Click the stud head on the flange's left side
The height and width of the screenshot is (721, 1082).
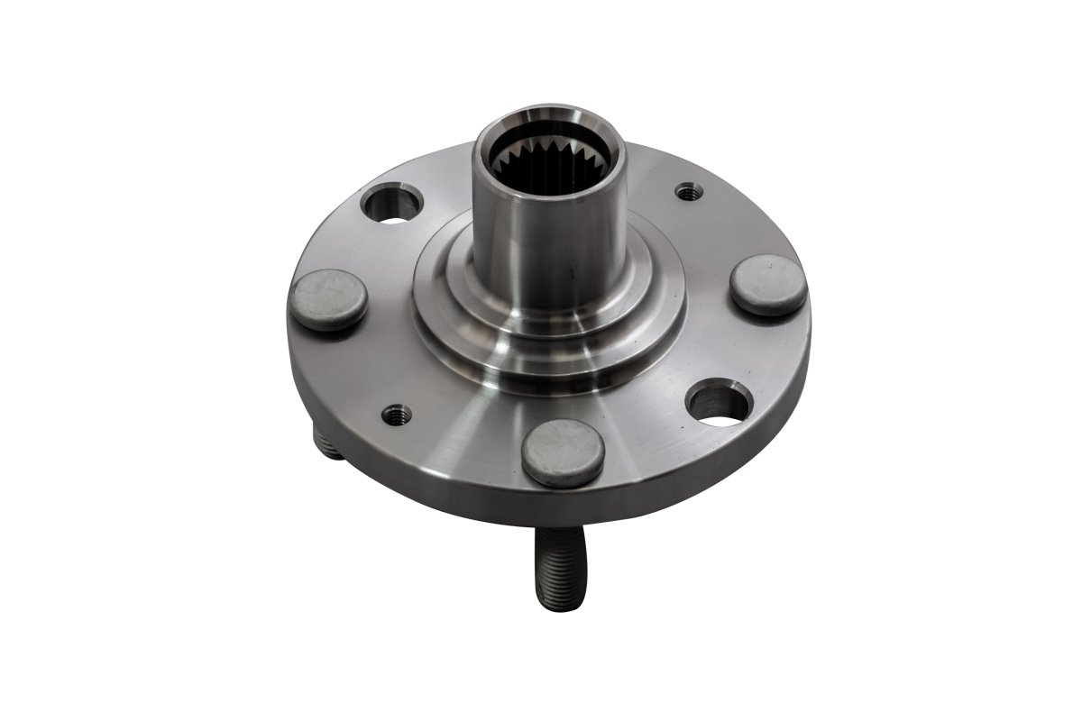pos(329,299)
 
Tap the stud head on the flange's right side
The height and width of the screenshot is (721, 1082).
pos(767,285)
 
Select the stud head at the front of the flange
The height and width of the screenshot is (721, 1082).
pos(563,452)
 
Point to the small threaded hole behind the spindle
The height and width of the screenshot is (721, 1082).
pos(688,191)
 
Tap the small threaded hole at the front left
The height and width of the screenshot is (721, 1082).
pos(396,414)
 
